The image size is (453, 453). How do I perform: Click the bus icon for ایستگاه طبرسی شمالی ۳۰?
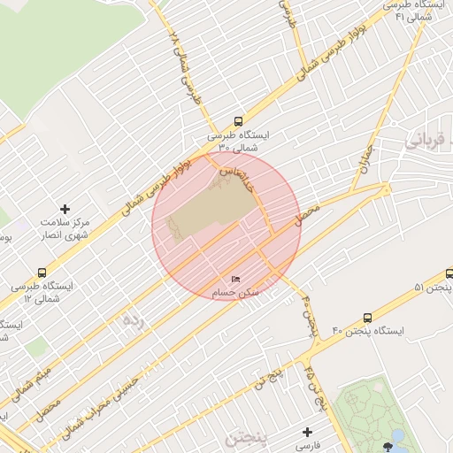[x=237, y=122]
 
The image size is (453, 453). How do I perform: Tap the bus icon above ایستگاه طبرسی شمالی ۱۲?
[x=42, y=273]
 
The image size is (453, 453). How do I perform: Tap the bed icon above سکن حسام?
[x=234, y=279]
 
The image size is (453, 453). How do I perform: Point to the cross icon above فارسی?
[x=307, y=433]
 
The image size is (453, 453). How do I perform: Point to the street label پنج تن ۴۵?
[x=314, y=380]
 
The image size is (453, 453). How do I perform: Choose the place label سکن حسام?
[x=234, y=292]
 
